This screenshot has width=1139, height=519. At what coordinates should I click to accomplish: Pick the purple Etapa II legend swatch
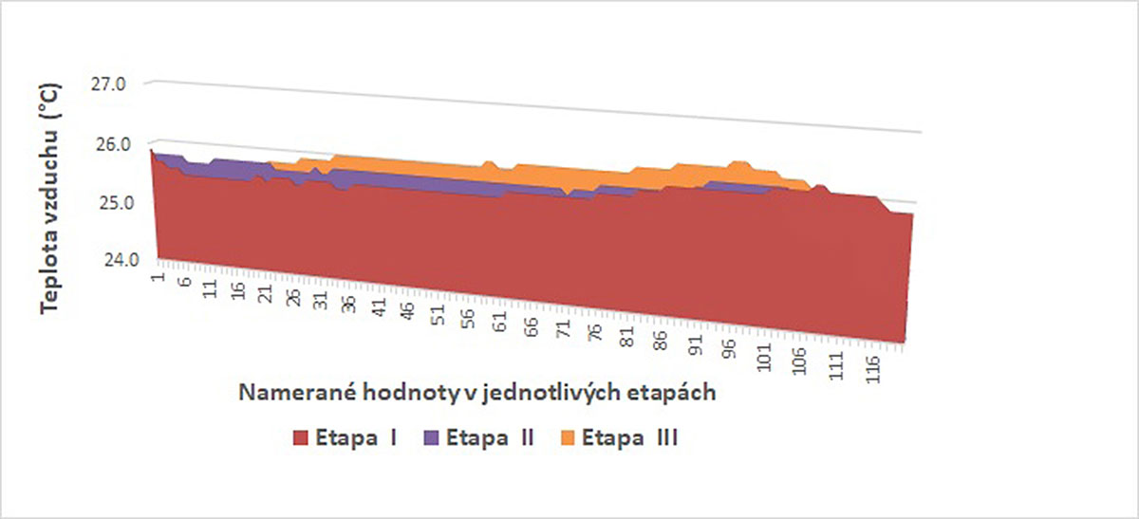click(x=432, y=438)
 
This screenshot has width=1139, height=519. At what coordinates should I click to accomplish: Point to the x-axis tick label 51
click(x=438, y=320)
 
